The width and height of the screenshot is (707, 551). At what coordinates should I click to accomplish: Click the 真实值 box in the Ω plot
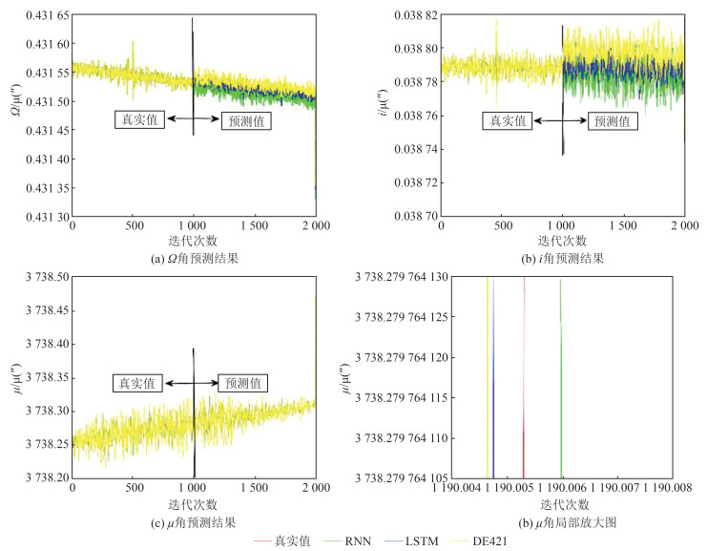point(140,120)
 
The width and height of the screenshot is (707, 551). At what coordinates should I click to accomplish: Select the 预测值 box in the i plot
point(611,120)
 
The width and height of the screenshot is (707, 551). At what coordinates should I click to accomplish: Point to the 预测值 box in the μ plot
point(242,383)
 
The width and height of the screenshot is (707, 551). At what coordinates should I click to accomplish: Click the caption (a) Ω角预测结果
point(188,258)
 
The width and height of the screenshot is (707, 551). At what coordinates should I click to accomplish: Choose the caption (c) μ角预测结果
point(188,521)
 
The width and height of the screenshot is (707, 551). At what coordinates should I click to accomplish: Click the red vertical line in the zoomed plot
point(524,382)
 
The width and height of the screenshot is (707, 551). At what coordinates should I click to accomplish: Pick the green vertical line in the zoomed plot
point(560,382)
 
